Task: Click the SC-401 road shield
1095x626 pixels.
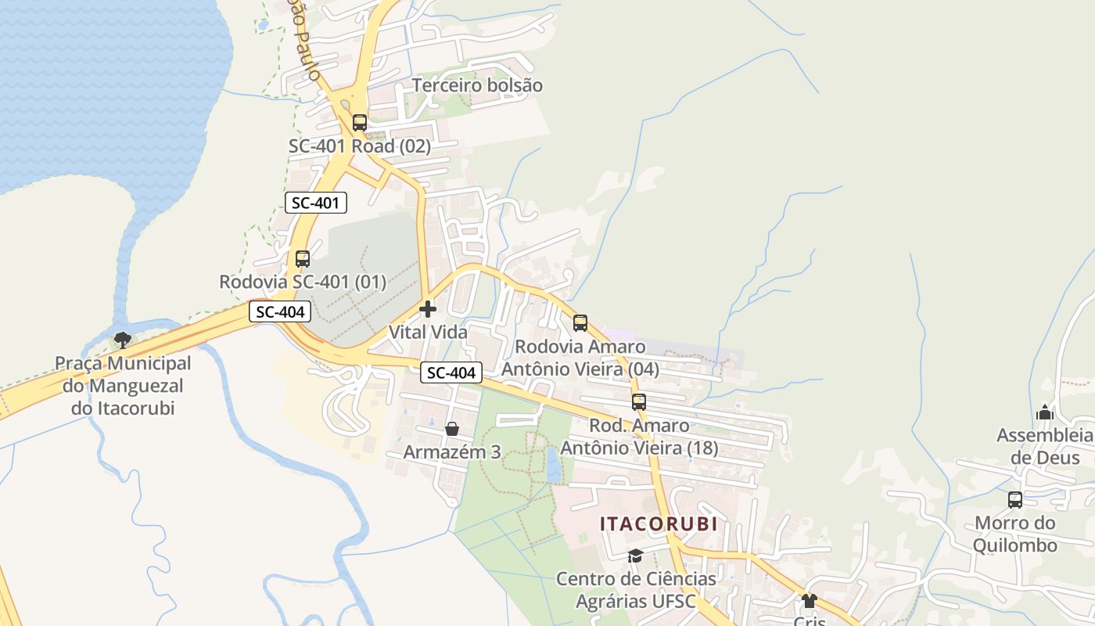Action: click(315, 203)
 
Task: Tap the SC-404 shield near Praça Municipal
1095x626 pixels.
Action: click(280, 311)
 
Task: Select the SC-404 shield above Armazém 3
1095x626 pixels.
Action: click(451, 372)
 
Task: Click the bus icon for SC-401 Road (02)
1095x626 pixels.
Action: click(360, 123)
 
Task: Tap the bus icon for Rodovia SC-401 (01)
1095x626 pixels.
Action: click(303, 258)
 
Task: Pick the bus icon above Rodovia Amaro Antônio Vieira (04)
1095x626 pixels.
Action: click(580, 323)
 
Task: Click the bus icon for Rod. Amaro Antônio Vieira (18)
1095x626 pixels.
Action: click(639, 402)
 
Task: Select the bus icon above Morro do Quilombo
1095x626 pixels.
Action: click(1015, 500)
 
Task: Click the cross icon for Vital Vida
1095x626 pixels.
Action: click(428, 308)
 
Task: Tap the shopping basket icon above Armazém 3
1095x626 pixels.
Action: click(451, 429)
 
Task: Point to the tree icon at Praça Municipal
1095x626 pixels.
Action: click(122, 340)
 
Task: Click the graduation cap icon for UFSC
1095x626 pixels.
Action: click(635, 556)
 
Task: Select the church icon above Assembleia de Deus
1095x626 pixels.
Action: click(1045, 412)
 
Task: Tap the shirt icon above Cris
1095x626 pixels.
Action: click(809, 601)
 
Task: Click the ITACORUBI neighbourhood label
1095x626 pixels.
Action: click(658, 524)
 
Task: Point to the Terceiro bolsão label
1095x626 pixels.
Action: click(477, 85)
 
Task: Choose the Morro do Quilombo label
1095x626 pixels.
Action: click(1015, 534)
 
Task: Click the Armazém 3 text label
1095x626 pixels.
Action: click(451, 452)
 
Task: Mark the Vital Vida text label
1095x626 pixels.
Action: click(428, 332)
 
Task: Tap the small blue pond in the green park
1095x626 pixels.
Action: click(554, 467)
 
